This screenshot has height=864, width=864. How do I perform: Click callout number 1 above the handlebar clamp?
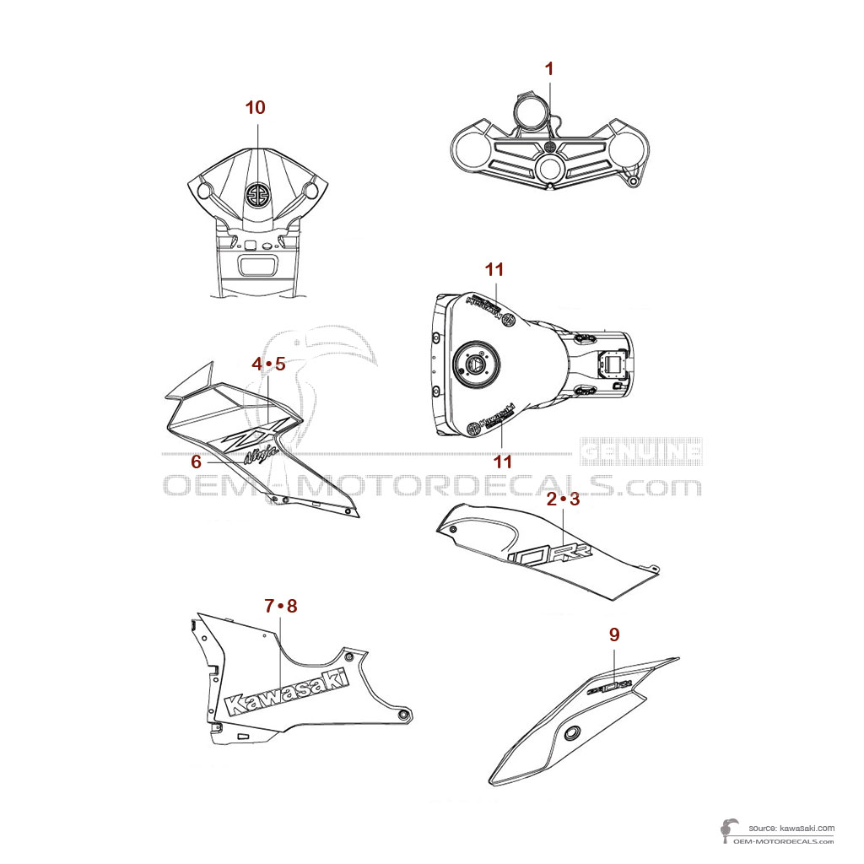pyautogui.click(x=549, y=69)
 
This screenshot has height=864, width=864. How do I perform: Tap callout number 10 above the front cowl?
pyautogui.click(x=255, y=107)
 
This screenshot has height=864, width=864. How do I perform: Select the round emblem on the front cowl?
pyautogui.click(x=256, y=194)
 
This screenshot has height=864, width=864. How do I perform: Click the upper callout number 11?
pyautogui.click(x=494, y=269)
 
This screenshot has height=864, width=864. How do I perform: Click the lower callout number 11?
pyautogui.click(x=503, y=462)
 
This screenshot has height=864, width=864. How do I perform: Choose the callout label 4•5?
pyautogui.click(x=269, y=364)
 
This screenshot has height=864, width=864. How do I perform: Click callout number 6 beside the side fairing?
pyautogui.click(x=196, y=462)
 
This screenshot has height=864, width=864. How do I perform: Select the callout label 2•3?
pyautogui.click(x=563, y=499)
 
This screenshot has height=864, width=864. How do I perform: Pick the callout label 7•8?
pyautogui.click(x=281, y=606)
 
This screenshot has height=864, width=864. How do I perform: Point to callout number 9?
pyautogui.click(x=614, y=634)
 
